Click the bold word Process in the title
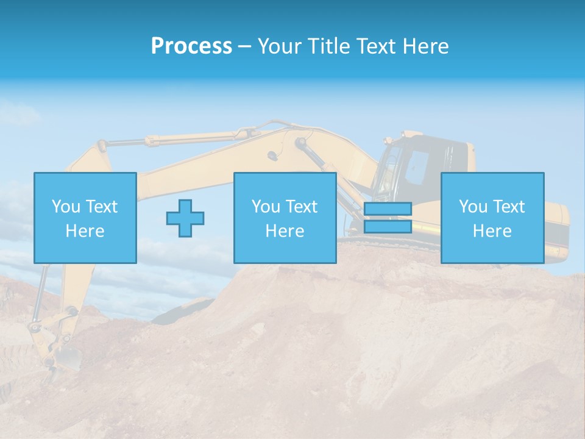tap(191, 46)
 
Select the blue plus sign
tap(185, 218)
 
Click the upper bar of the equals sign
tap(388, 209)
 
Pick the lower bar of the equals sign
tap(388, 226)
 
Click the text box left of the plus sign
tap(85, 218)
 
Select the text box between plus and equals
tap(285, 218)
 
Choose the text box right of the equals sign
tap(492, 218)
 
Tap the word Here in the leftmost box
tap(85, 231)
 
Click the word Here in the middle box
tap(285, 231)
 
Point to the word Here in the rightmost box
tap(492, 231)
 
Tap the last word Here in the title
tap(426, 46)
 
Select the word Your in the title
tap(278, 46)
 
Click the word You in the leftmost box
tap(66, 207)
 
